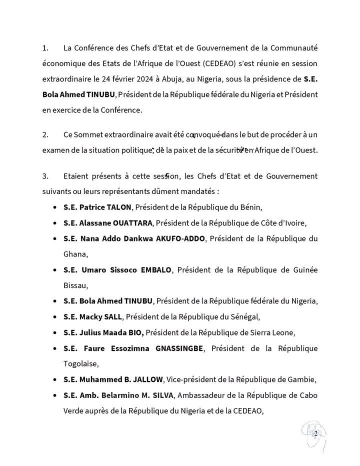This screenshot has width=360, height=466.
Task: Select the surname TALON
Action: click(119, 207)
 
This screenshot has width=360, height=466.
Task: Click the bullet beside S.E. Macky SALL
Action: click(54, 316)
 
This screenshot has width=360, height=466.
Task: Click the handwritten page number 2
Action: click(315, 433)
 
